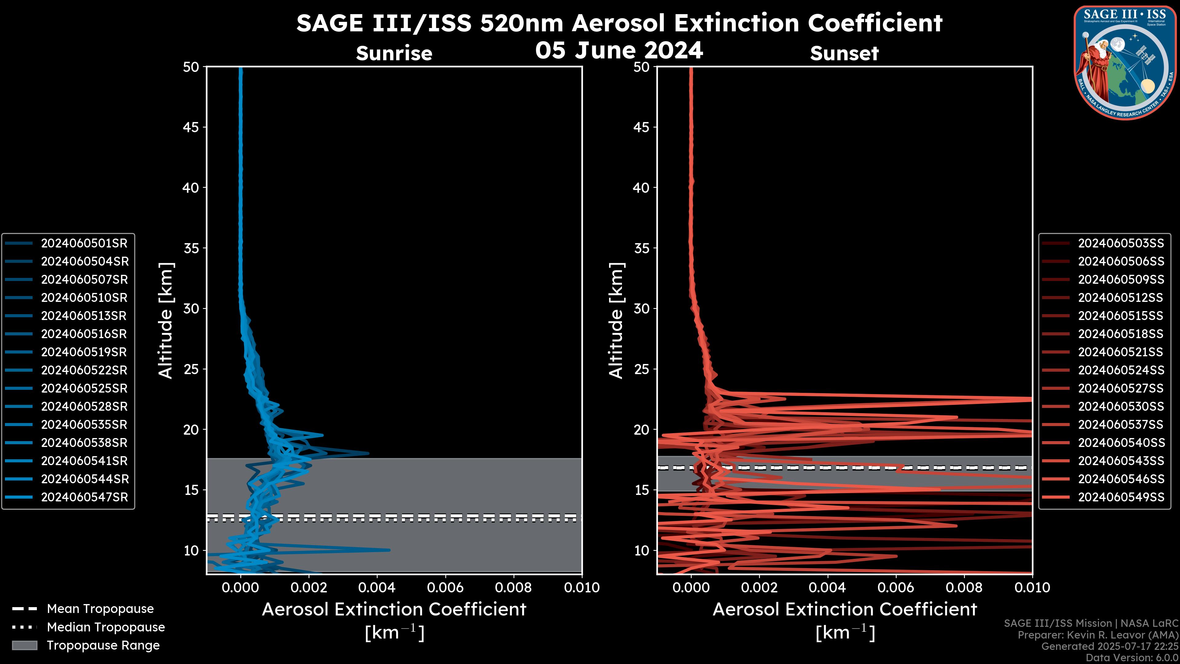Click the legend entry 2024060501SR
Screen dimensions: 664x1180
point(84,243)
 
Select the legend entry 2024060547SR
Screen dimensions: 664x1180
point(84,497)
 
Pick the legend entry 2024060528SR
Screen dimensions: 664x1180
point(84,406)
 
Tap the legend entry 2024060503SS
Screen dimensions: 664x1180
point(1120,243)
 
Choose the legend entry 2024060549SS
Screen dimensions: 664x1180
point(1120,497)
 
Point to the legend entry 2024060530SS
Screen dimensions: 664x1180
point(1120,406)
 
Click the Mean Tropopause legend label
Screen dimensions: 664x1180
point(100,609)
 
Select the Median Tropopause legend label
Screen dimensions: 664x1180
point(105,627)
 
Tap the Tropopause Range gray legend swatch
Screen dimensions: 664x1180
point(24,646)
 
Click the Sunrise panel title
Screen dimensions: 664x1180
point(394,53)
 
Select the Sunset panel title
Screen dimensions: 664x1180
point(844,53)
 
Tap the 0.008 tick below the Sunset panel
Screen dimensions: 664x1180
point(964,587)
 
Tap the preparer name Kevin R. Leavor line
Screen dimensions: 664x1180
point(1098,635)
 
